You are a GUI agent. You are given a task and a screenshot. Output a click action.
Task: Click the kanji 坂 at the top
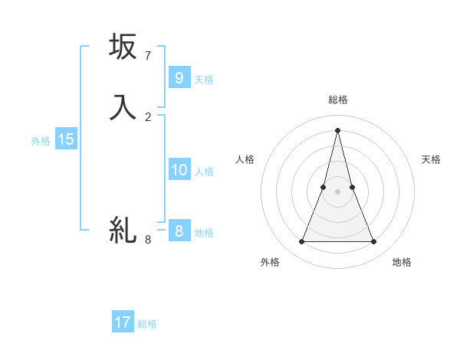[123, 47]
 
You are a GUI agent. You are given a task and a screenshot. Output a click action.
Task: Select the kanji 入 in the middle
[123, 107]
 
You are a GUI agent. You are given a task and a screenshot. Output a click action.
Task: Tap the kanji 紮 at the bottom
[123, 229]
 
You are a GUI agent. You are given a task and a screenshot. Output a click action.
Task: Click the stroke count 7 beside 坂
[148, 56]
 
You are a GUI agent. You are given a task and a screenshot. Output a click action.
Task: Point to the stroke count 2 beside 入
[148, 116]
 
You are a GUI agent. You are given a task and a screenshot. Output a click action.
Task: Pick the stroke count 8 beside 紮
[148, 239]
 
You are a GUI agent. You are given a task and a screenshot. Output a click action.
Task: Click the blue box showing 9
[179, 77]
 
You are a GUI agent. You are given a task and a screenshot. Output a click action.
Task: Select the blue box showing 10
[179, 169]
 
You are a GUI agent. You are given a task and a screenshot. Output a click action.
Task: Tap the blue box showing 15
[65, 139]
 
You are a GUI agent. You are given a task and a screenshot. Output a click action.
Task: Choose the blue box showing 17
[123, 322]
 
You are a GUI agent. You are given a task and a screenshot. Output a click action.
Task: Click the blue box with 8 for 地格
[179, 231]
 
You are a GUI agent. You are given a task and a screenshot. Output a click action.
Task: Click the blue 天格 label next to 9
[204, 79]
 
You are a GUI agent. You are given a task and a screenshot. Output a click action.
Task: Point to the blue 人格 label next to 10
[204, 171]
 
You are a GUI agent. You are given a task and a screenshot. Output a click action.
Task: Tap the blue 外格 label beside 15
[40, 141]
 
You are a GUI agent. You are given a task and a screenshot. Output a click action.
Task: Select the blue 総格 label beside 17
[147, 324]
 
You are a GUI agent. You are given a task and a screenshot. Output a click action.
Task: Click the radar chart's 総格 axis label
[337, 100]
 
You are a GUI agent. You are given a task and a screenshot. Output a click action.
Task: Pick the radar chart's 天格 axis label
[431, 159]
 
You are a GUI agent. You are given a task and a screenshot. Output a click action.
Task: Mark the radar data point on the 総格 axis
[337, 129]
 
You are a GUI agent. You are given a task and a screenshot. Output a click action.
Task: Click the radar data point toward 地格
[374, 242]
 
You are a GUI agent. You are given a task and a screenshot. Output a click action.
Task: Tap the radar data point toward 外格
[301, 242]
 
